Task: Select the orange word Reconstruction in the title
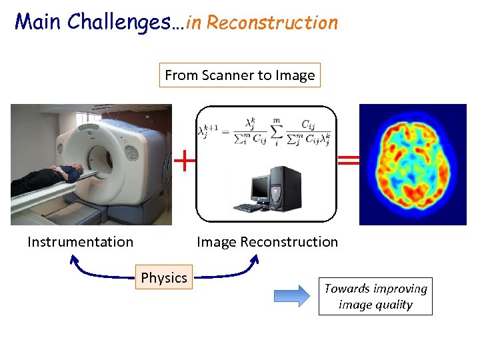pyautogui.click(x=272, y=23)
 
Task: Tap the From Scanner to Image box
pyautogui.click(x=240, y=75)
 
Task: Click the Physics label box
pyautogui.click(x=164, y=277)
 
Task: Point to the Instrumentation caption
pyautogui.click(x=80, y=242)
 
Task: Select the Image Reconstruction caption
pyautogui.click(x=267, y=242)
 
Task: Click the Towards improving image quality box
pyautogui.click(x=375, y=297)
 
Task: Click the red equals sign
pyautogui.click(x=348, y=160)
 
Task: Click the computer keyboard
pyautogui.click(x=249, y=207)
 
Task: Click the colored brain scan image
pyautogui.click(x=413, y=164)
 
